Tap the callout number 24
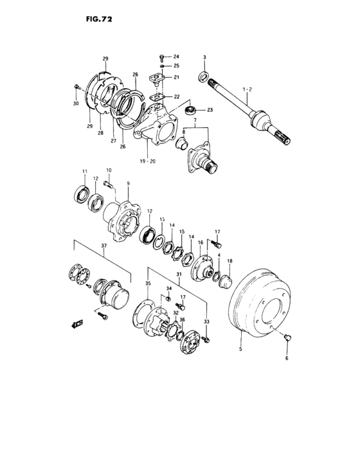point(176,57)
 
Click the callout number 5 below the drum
point(241,349)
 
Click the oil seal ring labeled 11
point(82,194)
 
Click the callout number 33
point(206,321)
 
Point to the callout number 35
point(147,283)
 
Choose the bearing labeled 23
point(191,111)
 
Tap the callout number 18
point(230,261)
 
